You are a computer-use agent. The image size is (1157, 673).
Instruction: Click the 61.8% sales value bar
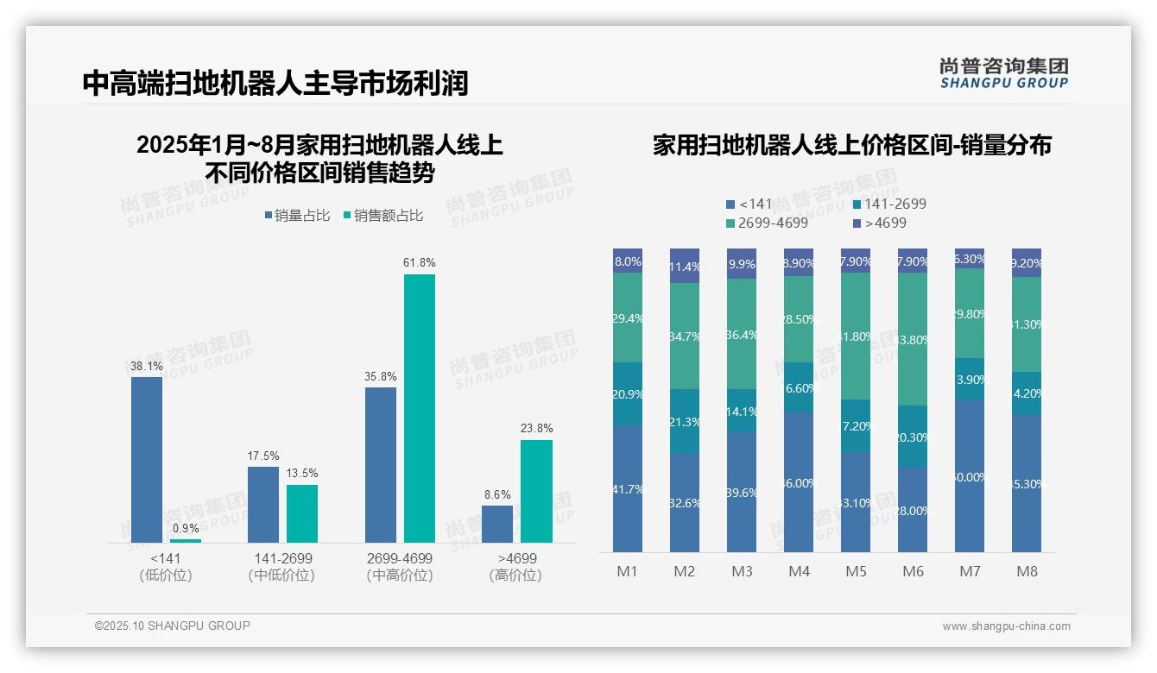coord(420,408)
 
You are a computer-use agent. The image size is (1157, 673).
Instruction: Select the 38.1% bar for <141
coord(147,459)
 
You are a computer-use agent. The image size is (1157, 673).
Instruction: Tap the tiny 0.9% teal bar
coord(186,541)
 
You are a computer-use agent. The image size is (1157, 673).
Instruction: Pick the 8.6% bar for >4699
coord(497,524)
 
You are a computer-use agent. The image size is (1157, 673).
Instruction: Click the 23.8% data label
coord(537,428)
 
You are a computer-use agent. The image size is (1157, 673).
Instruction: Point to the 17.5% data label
coord(263,456)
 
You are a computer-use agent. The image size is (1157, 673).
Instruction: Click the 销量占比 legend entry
coord(297,216)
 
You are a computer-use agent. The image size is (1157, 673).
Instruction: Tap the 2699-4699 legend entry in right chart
coord(768,223)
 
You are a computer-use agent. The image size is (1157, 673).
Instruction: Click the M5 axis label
coord(856,571)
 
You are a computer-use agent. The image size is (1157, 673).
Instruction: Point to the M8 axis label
coord(1027,571)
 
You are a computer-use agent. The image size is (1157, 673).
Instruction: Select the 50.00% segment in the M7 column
coord(970,476)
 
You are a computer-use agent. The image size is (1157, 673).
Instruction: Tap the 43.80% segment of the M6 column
coord(913,339)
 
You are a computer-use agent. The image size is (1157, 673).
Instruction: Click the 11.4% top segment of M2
coord(685,266)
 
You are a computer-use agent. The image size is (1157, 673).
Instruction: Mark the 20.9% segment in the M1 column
coord(628,393)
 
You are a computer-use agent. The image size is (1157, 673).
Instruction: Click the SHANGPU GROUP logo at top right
coord(1003,72)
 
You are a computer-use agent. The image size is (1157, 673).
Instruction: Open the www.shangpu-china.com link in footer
coord(1006,626)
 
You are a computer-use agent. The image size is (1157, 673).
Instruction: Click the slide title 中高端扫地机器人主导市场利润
coord(275,84)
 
